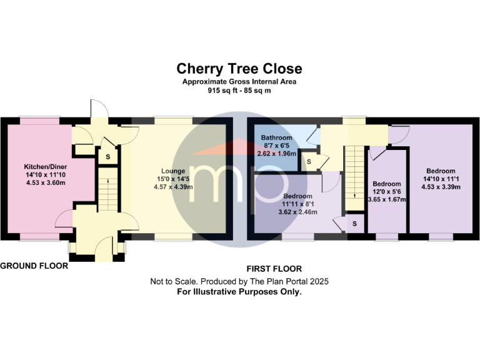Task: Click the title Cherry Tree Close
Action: [x=239, y=69]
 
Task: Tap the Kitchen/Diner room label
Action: [x=45, y=167]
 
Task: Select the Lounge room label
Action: [x=173, y=171]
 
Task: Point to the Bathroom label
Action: [x=276, y=137]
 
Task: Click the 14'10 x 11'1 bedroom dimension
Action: [x=441, y=179]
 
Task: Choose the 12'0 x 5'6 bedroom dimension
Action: [x=387, y=192]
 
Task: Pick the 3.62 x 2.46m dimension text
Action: [x=297, y=212]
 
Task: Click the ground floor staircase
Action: [x=108, y=189]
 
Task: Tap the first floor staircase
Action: [x=354, y=178]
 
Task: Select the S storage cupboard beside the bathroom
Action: [x=309, y=161]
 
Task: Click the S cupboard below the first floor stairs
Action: [x=354, y=224]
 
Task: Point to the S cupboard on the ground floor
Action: [x=107, y=157]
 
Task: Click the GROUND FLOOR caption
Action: [x=34, y=266]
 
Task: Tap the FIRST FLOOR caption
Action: [x=274, y=269]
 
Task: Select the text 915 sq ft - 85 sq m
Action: [x=239, y=91]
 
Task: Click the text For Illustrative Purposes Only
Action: [x=239, y=292]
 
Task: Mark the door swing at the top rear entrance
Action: [x=99, y=108]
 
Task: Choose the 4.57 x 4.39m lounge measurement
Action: [x=173, y=187]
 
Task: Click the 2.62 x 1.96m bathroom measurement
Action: [x=277, y=154]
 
